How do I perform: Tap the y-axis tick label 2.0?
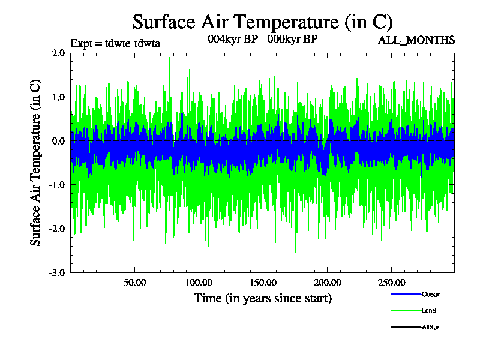(58, 53)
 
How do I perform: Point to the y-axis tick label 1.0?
(58, 97)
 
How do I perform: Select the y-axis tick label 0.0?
(58, 141)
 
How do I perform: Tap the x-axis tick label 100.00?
(198, 282)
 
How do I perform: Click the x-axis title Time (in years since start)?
(262, 298)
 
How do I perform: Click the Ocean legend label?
(431, 294)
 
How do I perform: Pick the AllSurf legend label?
(432, 327)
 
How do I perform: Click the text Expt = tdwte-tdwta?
(115, 43)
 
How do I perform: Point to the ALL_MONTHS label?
(416, 40)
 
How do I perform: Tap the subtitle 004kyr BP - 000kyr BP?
(262, 38)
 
